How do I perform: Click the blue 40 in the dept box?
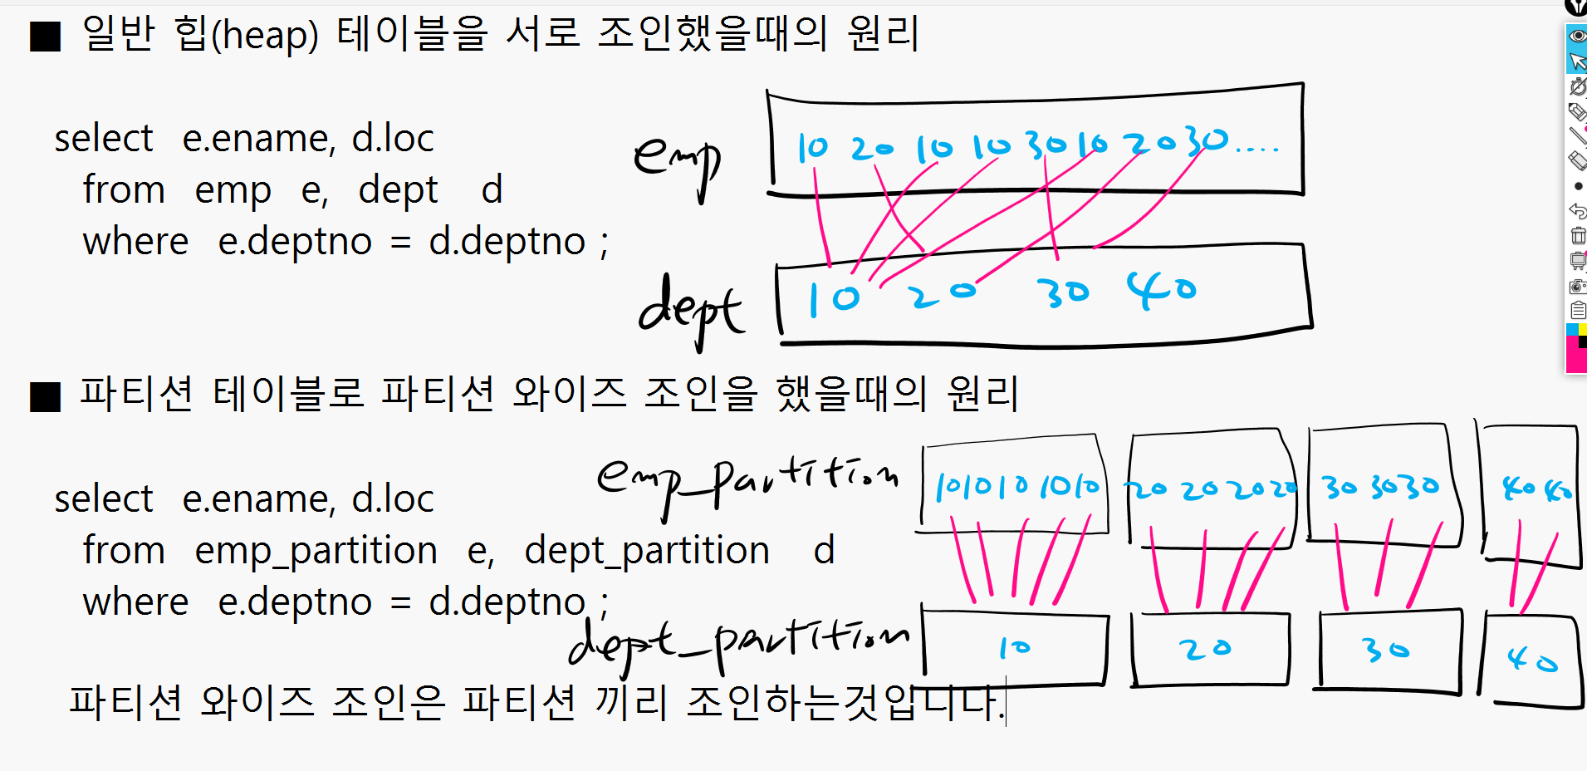click(1161, 289)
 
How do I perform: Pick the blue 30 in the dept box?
click(1062, 292)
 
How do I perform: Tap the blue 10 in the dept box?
click(834, 298)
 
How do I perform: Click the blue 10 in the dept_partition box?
click(1015, 646)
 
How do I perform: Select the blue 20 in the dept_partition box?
click(1205, 648)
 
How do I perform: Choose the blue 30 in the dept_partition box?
click(1386, 650)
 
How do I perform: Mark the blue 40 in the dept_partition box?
click(1533, 661)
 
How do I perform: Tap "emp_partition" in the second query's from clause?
click(316, 551)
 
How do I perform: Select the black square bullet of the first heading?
click(46, 37)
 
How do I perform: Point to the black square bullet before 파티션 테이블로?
click(46, 396)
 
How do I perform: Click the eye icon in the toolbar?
click(1577, 36)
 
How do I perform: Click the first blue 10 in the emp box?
click(812, 148)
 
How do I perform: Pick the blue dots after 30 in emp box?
click(1257, 150)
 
